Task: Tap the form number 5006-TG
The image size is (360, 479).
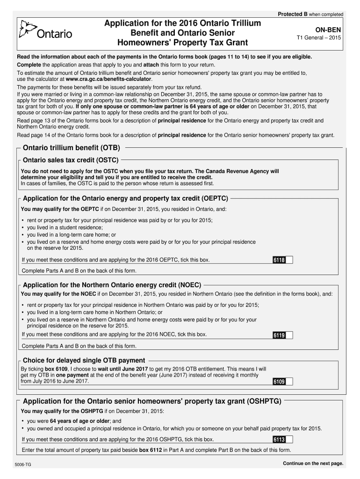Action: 23,464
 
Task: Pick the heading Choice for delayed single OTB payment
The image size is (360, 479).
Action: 84,360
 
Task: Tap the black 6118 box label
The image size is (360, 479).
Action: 279,260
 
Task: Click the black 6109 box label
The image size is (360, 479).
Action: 279,382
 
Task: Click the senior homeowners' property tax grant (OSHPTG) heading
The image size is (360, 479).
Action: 152,401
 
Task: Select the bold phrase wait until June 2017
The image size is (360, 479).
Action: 123,369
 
